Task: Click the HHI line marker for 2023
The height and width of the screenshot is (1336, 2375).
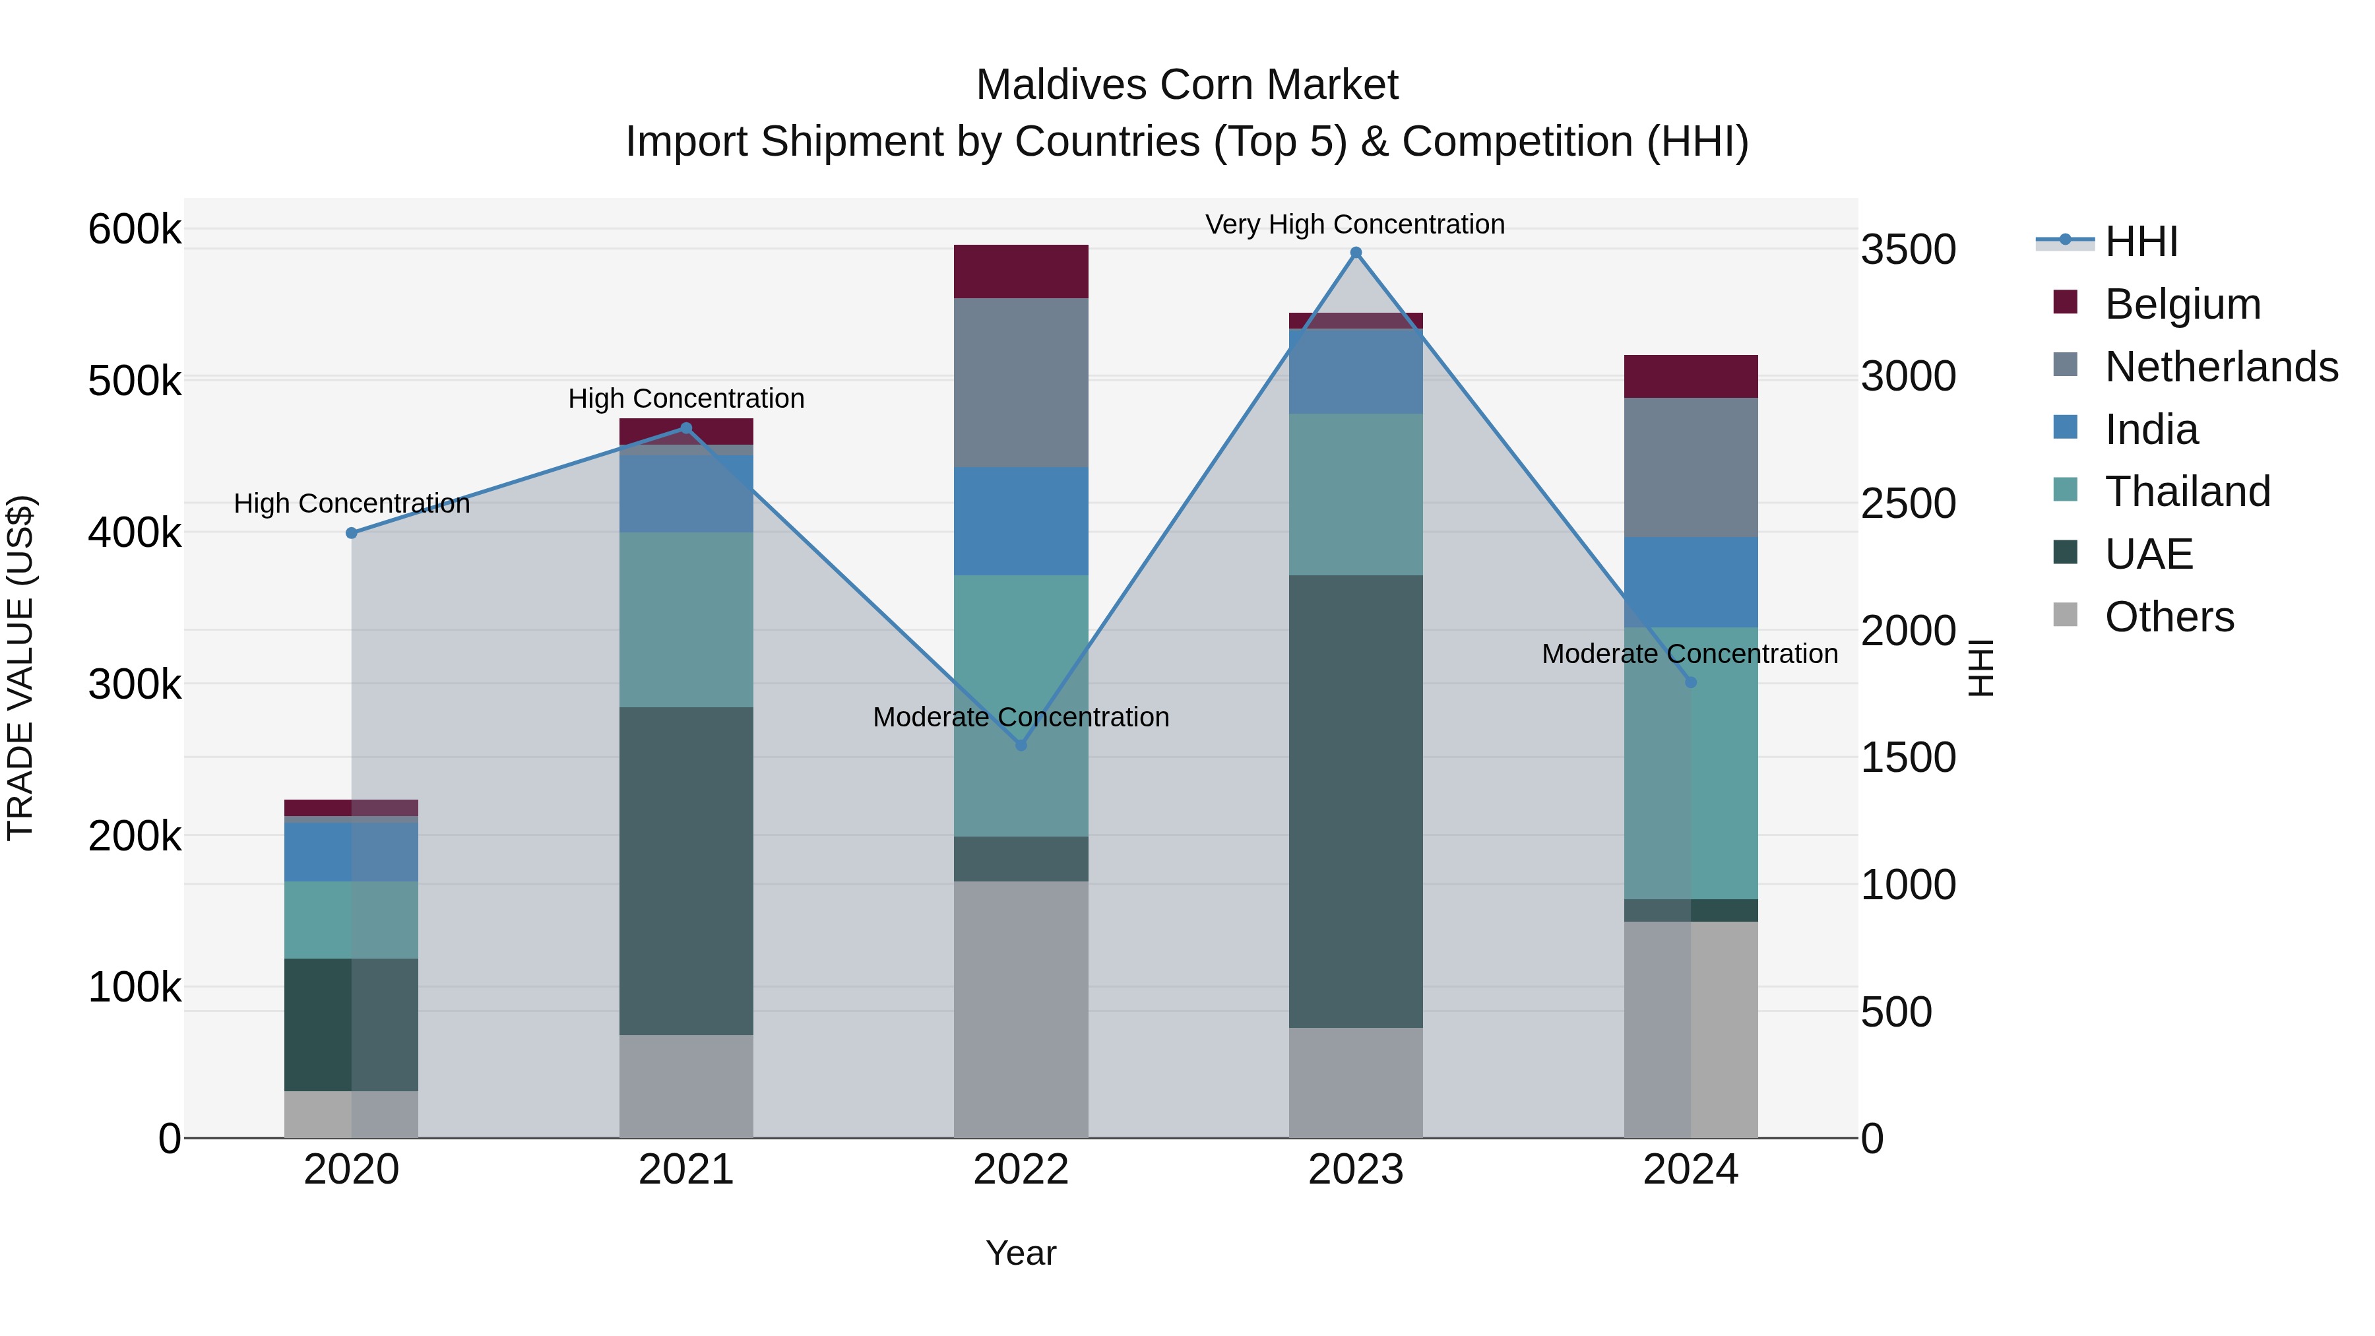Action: coord(1355,253)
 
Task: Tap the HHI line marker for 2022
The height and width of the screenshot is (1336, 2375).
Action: coord(1021,744)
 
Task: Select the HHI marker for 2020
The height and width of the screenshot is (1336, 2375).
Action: coord(351,533)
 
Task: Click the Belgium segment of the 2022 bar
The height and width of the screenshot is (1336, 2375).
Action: coord(1021,271)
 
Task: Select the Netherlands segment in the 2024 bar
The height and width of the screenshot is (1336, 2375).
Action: coord(1690,468)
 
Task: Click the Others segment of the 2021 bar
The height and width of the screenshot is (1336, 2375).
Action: coord(686,1085)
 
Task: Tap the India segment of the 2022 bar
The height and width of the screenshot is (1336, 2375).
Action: coord(1021,521)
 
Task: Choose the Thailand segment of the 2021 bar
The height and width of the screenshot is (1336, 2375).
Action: coord(686,620)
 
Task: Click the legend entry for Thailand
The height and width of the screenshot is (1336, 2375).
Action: coord(2187,492)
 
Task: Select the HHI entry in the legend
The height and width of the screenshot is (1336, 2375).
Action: coord(2141,241)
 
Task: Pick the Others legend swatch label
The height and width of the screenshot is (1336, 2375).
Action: coord(2169,617)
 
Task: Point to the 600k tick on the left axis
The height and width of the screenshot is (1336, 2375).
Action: coord(135,229)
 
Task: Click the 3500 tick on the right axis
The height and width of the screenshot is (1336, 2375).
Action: coord(1907,250)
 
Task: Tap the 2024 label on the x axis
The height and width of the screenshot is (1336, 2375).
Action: coord(1690,1170)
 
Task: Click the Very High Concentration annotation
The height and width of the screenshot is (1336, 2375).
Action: coord(1354,224)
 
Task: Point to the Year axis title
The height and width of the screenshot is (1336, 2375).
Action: coord(1021,1253)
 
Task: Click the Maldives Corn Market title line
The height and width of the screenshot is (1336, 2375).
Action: coord(1187,85)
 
